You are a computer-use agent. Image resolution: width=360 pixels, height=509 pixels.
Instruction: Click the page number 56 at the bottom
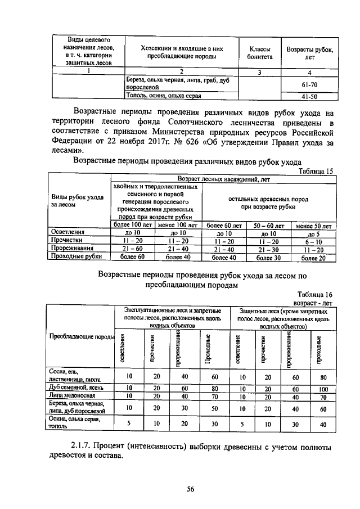point(190,489)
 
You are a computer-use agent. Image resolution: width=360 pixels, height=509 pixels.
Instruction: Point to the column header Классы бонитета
point(259,53)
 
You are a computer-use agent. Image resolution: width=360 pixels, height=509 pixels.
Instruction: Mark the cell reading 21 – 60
point(133,249)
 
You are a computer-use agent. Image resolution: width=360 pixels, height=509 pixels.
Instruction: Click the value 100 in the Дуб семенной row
point(323,388)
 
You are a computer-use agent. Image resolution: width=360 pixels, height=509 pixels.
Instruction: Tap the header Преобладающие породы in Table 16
point(82,337)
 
